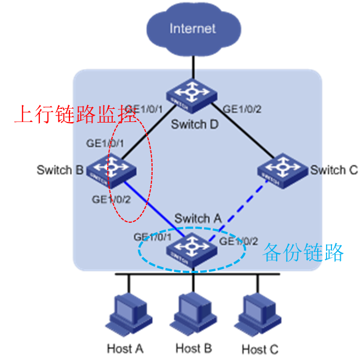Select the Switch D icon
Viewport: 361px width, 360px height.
click(x=192, y=92)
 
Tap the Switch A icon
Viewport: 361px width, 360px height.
click(x=191, y=249)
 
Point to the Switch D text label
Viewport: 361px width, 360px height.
click(x=194, y=124)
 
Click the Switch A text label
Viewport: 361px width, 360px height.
click(x=197, y=218)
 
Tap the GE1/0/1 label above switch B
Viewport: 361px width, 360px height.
click(x=106, y=143)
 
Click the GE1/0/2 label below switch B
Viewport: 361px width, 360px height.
click(x=111, y=200)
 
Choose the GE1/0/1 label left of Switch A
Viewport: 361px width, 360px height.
click(x=153, y=237)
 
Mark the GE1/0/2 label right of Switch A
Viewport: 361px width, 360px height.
click(x=238, y=241)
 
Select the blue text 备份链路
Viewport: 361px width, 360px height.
click(x=303, y=252)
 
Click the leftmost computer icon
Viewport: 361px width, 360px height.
click(x=127, y=313)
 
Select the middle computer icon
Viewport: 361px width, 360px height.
click(x=191, y=313)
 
